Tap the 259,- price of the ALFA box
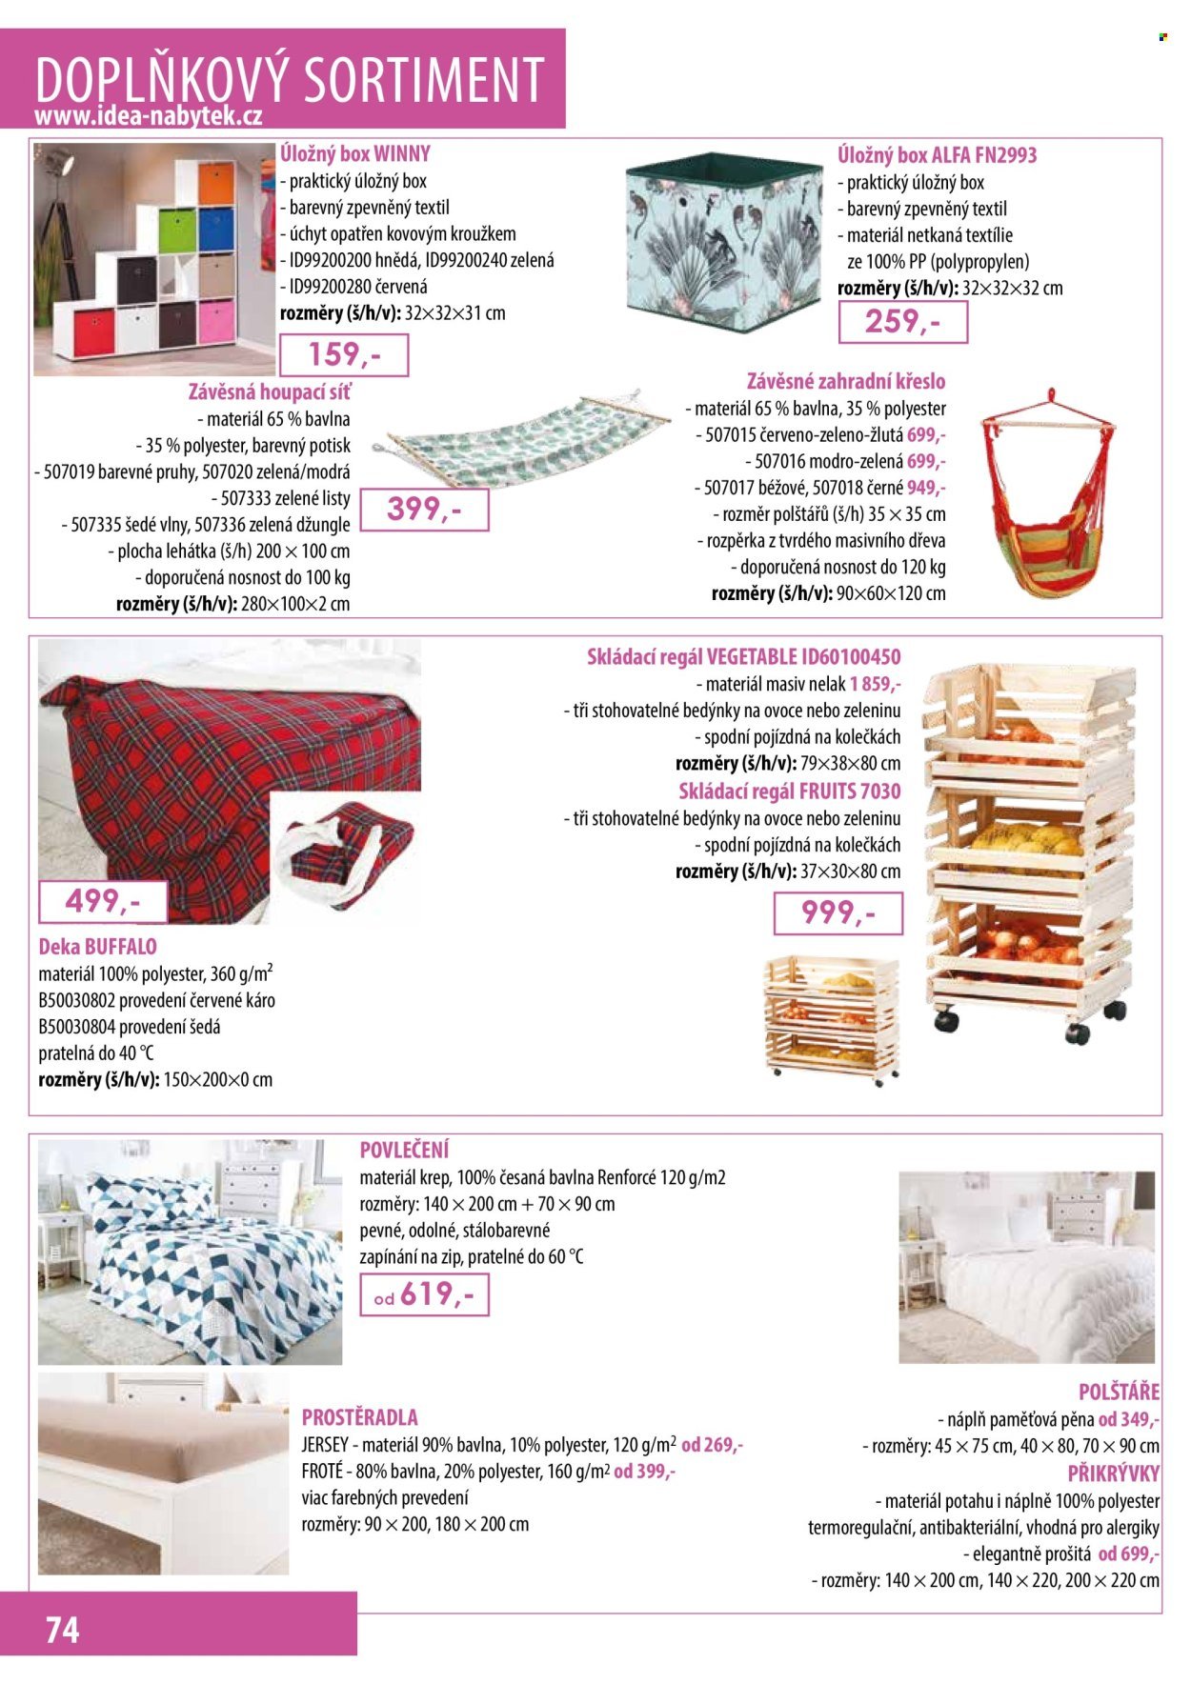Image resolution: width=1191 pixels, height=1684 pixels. coord(902,322)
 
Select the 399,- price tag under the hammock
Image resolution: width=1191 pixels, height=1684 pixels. coord(424,510)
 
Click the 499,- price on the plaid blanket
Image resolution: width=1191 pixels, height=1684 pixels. coord(102,901)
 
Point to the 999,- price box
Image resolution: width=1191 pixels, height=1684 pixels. coord(838,913)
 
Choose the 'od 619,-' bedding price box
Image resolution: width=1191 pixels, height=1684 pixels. coord(424,1295)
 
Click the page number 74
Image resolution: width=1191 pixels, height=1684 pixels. coord(63,1629)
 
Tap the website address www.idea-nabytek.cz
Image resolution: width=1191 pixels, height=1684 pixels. coord(148,116)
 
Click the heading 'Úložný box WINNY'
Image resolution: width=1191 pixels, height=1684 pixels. coord(355,153)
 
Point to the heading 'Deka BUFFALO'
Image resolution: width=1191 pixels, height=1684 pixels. coord(97,947)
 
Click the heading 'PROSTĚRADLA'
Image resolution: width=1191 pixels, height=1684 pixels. coord(359,1416)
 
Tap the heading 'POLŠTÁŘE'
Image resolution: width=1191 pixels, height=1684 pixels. coord(1119,1392)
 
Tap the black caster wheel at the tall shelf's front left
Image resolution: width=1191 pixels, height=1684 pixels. coord(945,1021)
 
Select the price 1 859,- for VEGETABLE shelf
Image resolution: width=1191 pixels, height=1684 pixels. coord(875,684)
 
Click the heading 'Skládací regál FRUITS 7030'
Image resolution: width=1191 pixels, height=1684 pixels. coord(789,791)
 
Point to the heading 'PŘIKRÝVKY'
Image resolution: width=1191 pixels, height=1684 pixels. coord(1113,1473)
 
